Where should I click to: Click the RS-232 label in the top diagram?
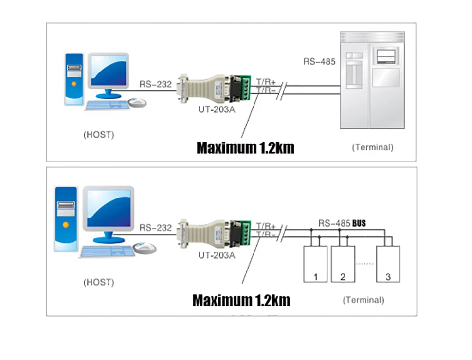coord(156,84)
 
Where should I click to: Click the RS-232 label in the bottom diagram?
coord(156,227)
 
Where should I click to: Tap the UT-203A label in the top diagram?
coord(217,110)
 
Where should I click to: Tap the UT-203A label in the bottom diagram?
coord(217,254)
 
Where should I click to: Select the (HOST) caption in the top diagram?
coord(99,135)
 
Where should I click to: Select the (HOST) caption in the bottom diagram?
coord(99,282)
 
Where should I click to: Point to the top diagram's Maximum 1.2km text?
coord(245,147)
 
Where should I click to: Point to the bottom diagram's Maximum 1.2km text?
coord(241,300)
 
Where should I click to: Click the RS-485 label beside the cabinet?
coord(319,62)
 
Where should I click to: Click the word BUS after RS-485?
coord(359,223)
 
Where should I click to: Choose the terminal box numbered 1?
coord(315,264)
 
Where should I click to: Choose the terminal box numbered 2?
coord(343,264)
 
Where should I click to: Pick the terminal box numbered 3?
coord(388,264)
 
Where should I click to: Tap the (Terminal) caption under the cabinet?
coord(372,147)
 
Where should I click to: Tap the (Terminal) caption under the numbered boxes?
coord(363,300)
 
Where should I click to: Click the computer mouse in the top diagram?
coord(138,102)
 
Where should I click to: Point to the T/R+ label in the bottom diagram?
coord(266,226)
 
